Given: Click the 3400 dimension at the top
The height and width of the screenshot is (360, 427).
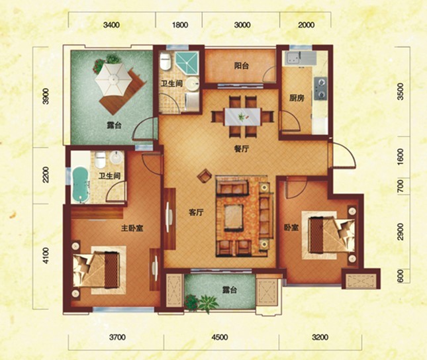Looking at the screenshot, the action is coord(111,25).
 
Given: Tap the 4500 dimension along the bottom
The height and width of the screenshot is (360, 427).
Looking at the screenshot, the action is coord(220,337).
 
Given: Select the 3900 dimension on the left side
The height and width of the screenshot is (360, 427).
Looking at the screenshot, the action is coord(46,96).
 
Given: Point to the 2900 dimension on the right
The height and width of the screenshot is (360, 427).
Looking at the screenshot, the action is coord(400,232).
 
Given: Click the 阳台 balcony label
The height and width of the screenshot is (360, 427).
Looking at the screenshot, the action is coord(241,66).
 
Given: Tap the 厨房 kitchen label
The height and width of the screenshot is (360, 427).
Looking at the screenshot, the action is coord(297,98).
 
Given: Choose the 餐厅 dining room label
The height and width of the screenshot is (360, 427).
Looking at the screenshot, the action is coord(241,149).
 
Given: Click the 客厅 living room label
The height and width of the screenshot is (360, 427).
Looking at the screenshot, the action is coord(196,212).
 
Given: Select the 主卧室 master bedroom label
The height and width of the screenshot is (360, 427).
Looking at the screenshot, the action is coord(132,228).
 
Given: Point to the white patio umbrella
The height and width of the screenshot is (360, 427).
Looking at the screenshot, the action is coord(113,78).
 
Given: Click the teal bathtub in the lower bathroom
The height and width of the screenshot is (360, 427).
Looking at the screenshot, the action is coord(81,185).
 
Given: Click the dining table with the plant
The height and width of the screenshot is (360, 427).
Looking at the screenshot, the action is coord(242,117).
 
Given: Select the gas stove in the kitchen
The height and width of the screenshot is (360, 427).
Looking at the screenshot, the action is coord(320,88).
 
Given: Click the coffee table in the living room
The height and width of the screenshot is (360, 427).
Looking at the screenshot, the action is coord(234,218).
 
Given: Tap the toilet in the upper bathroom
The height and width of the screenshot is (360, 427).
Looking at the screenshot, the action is coord(166,62).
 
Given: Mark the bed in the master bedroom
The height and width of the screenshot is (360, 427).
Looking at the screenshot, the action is coord(96,270).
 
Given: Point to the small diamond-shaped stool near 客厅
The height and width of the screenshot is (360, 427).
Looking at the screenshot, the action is coord(205,176).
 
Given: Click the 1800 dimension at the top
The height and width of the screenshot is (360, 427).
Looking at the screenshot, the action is coord(180,25).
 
